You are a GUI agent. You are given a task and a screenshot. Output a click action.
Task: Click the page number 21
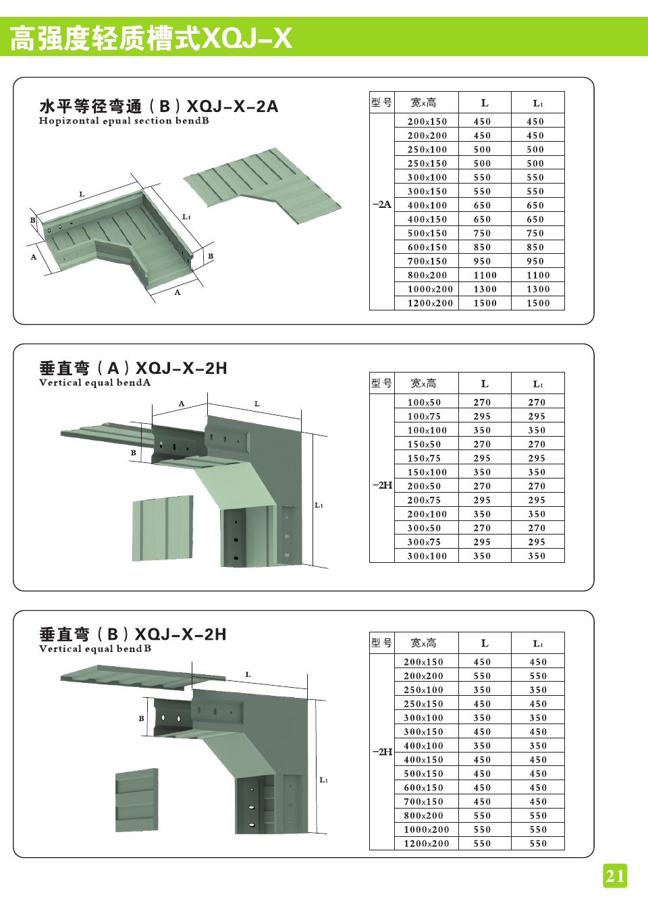point(615,876)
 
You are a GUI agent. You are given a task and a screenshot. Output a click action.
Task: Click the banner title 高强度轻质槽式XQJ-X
point(151,38)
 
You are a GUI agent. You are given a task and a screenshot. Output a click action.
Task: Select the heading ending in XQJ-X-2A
point(159,107)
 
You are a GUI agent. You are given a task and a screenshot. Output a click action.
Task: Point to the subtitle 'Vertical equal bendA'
point(94,383)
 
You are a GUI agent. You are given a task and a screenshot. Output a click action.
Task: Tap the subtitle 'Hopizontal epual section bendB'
point(124,121)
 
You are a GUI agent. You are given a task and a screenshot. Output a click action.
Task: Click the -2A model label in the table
point(381,204)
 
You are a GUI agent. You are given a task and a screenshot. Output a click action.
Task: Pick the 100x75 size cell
point(424,416)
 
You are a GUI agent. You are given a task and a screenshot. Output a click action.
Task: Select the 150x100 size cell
point(427,472)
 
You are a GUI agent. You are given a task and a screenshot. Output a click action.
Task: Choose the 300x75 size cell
point(424,542)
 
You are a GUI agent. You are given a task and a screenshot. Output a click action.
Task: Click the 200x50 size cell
point(424,486)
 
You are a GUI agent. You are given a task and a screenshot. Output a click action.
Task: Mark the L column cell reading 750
point(482,234)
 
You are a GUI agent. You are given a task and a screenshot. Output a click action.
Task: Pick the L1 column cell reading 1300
point(538,289)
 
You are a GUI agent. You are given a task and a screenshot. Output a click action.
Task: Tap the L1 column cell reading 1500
point(538,303)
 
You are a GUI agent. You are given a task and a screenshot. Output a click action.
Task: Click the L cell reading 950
point(482,261)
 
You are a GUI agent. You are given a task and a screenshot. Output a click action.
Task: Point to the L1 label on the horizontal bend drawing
point(186,217)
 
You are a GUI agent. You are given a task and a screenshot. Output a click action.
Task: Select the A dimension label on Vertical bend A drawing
point(181,404)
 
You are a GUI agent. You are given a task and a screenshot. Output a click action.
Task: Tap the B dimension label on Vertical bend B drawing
point(141,718)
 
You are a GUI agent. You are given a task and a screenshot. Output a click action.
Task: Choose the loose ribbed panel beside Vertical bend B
point(137,802)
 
